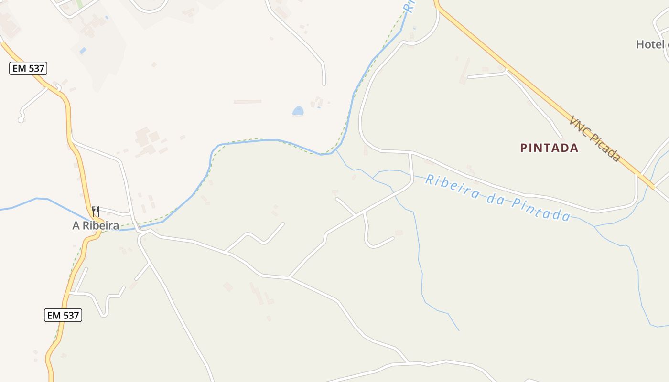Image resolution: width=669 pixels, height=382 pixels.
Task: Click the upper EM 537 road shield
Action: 28,68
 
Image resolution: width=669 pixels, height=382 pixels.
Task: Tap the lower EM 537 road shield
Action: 63,315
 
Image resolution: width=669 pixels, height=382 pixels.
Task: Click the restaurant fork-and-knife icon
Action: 96,211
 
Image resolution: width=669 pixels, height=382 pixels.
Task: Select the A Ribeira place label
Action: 96,226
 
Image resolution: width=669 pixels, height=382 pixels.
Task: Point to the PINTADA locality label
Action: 549,148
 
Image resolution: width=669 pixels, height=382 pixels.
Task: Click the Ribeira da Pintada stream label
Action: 497,197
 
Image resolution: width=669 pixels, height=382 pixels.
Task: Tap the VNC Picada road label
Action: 595,138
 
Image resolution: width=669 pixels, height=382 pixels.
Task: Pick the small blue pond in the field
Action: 298,111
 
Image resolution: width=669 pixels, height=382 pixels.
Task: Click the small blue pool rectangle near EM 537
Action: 83,50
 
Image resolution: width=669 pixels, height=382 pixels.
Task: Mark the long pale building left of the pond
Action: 247,101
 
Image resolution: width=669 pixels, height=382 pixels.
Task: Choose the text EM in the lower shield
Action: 54,315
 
